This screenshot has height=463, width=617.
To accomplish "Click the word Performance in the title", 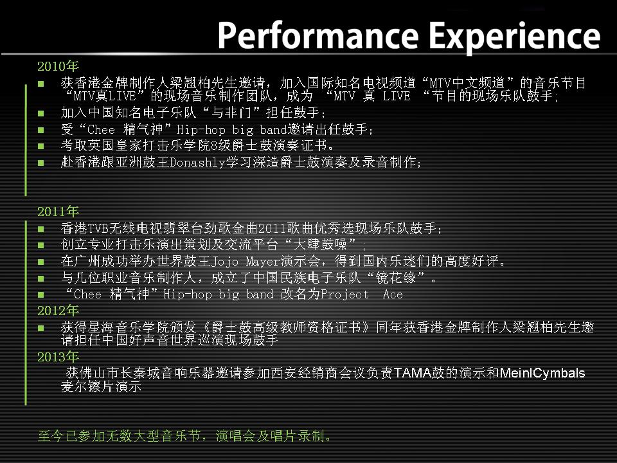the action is (318, 36).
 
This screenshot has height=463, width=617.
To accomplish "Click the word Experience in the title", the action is (514, 38).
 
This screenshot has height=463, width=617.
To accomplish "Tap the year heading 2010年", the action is (58, 66).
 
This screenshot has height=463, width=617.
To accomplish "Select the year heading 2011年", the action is (58, 212).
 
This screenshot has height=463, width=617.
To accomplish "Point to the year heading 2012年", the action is (58, 311).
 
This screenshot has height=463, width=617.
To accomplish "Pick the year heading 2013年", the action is (58, 357).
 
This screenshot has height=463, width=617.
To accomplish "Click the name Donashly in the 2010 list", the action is (197, 162).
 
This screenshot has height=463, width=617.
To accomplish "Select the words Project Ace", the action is (362, 295).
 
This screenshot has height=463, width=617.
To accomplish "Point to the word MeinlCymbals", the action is (542, 373).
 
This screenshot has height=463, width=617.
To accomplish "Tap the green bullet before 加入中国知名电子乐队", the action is (41, 113).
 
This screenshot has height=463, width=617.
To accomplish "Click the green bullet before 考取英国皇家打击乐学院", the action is (41, 146).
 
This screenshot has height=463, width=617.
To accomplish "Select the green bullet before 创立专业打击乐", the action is (41, 245).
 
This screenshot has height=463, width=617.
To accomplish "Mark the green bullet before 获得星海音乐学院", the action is (41, 327).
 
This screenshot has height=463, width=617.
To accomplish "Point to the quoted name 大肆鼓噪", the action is (320, 244).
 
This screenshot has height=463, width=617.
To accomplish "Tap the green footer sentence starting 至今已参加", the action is (185, 436).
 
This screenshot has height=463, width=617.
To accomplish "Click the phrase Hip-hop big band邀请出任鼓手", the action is (274, 129).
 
